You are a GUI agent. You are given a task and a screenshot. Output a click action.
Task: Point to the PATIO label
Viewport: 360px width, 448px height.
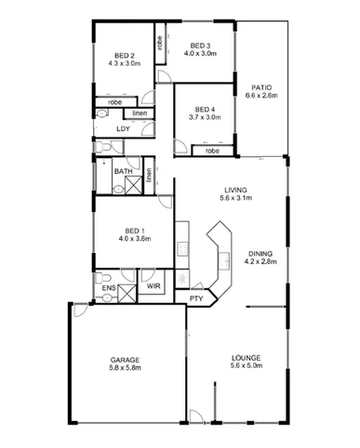[x=257, y=86]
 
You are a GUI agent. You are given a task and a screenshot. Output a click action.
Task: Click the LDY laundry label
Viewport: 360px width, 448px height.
[x=122, y=129]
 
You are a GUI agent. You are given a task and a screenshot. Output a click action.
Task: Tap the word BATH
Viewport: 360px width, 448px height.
[x=123, y=172]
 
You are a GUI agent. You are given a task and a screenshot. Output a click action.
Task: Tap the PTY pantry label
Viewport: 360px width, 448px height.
[x=196, y=299]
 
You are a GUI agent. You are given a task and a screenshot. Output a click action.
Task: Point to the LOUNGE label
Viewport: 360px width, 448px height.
[x=245, y=359]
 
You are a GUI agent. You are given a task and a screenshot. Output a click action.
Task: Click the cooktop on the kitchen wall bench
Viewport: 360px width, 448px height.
[x=183, y=246]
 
